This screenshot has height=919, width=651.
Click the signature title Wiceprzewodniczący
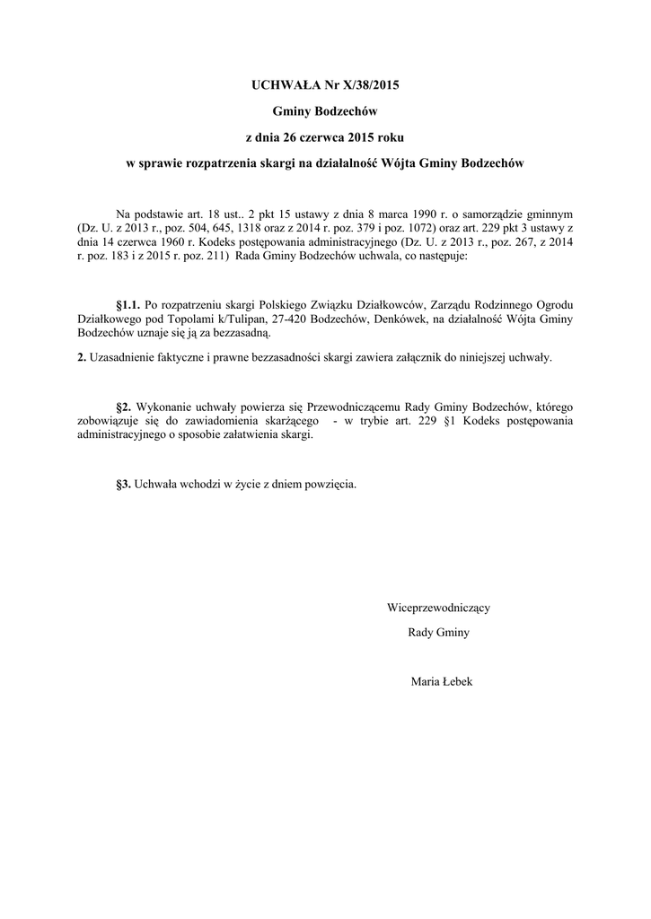click(x=438, y=607)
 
